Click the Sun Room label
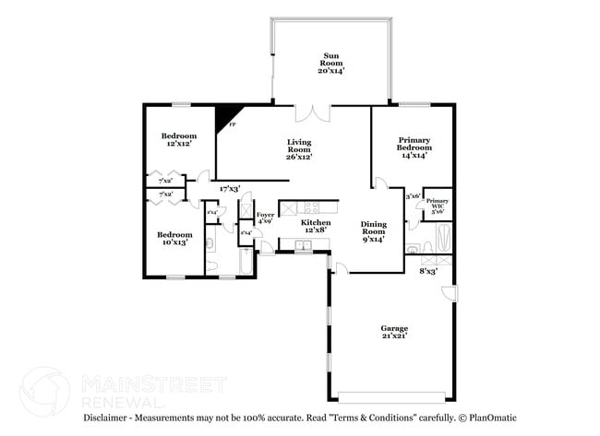point(330,62)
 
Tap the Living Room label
point(298,148)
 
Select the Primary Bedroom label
point(414,147)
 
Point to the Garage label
point(394,332)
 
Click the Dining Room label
point(373,230)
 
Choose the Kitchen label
point(317,227)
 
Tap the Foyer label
point(265,218)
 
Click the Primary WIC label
point(437,206)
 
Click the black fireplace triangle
point(223,118)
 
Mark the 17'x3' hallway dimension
point(230,189)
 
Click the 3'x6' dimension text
point(414,195)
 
